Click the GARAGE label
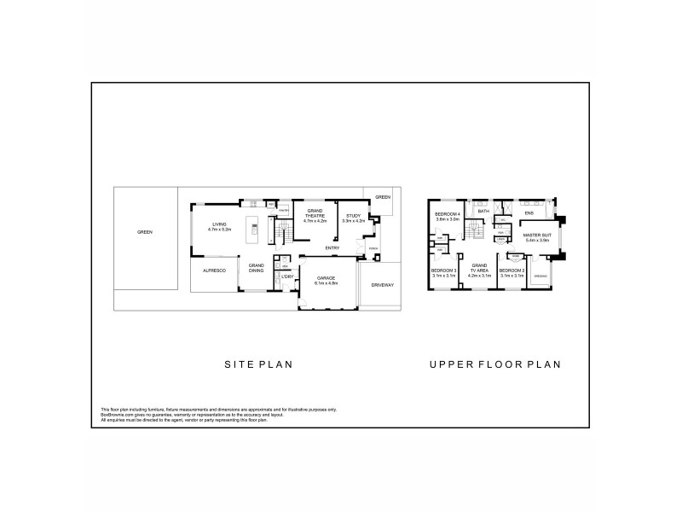pyautogui.click(x=327, y=277)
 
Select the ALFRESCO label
pyautogui.click(x=212, y=271)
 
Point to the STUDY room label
pyautogui.click(x=353, y=217)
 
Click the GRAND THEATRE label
pyautogui.click(x=315, y=214)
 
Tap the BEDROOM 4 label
pyautogui.click(x=448, y=214)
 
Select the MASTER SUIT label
pyautogui.click(x=538, y=235)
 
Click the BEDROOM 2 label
pyautogui.click(x=512, y=271)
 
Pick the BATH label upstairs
pyautogui.click(x=483, y=211)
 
